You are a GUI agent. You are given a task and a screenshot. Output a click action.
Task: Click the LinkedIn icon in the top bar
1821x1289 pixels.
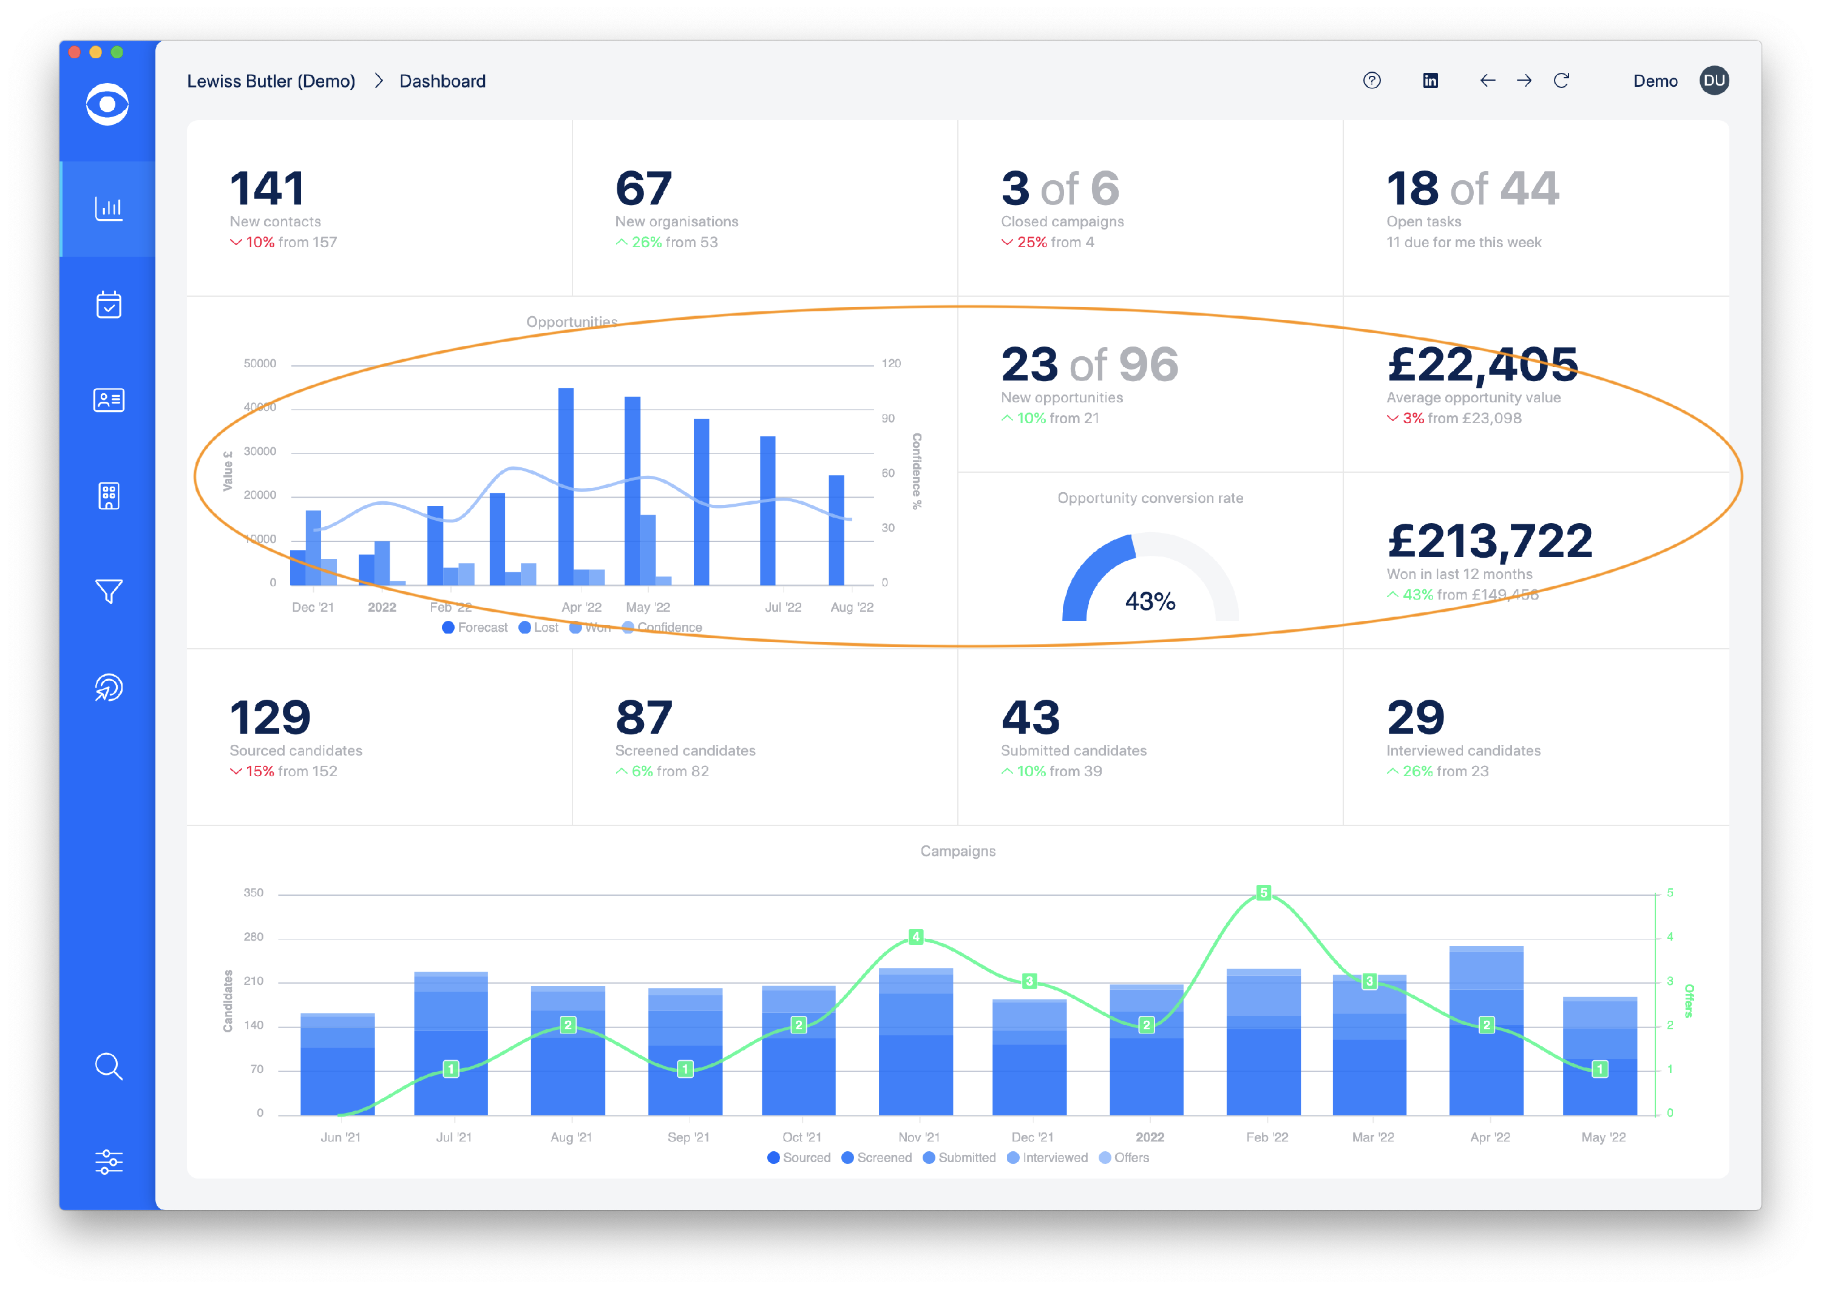[1431, 81]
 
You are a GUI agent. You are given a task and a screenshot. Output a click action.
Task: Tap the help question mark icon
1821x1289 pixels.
[1372, 81]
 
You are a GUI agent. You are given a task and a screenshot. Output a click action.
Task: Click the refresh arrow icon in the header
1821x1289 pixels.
[1561, 81]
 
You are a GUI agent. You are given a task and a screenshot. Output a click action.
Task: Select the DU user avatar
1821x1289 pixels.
[1714, 81]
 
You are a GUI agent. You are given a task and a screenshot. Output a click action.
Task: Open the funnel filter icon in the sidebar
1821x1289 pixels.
[109, 591]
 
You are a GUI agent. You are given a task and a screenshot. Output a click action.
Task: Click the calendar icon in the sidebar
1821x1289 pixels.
[109, 304]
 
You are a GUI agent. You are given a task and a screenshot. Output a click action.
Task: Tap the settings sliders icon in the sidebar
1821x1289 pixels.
[109, 1162]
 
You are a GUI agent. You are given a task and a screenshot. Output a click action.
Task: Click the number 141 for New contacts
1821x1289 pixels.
[266, 189]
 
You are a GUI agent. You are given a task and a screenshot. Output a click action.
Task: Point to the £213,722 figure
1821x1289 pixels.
[1489, 541]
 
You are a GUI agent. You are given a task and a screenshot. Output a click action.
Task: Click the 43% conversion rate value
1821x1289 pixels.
[1150, 601]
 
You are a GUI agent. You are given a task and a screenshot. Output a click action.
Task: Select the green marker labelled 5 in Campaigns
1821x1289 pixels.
[1264, 893]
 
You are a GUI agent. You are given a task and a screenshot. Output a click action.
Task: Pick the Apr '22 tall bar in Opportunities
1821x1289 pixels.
[566, 485]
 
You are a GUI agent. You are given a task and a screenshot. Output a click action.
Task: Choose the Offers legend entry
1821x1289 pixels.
[1124, 1158]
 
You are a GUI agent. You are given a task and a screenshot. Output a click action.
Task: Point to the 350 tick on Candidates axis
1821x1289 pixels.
[253, 893]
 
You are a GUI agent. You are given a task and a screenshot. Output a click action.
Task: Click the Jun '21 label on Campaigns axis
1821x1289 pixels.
[341, 1137]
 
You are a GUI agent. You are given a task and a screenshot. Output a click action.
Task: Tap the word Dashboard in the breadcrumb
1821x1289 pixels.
[442, 81]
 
